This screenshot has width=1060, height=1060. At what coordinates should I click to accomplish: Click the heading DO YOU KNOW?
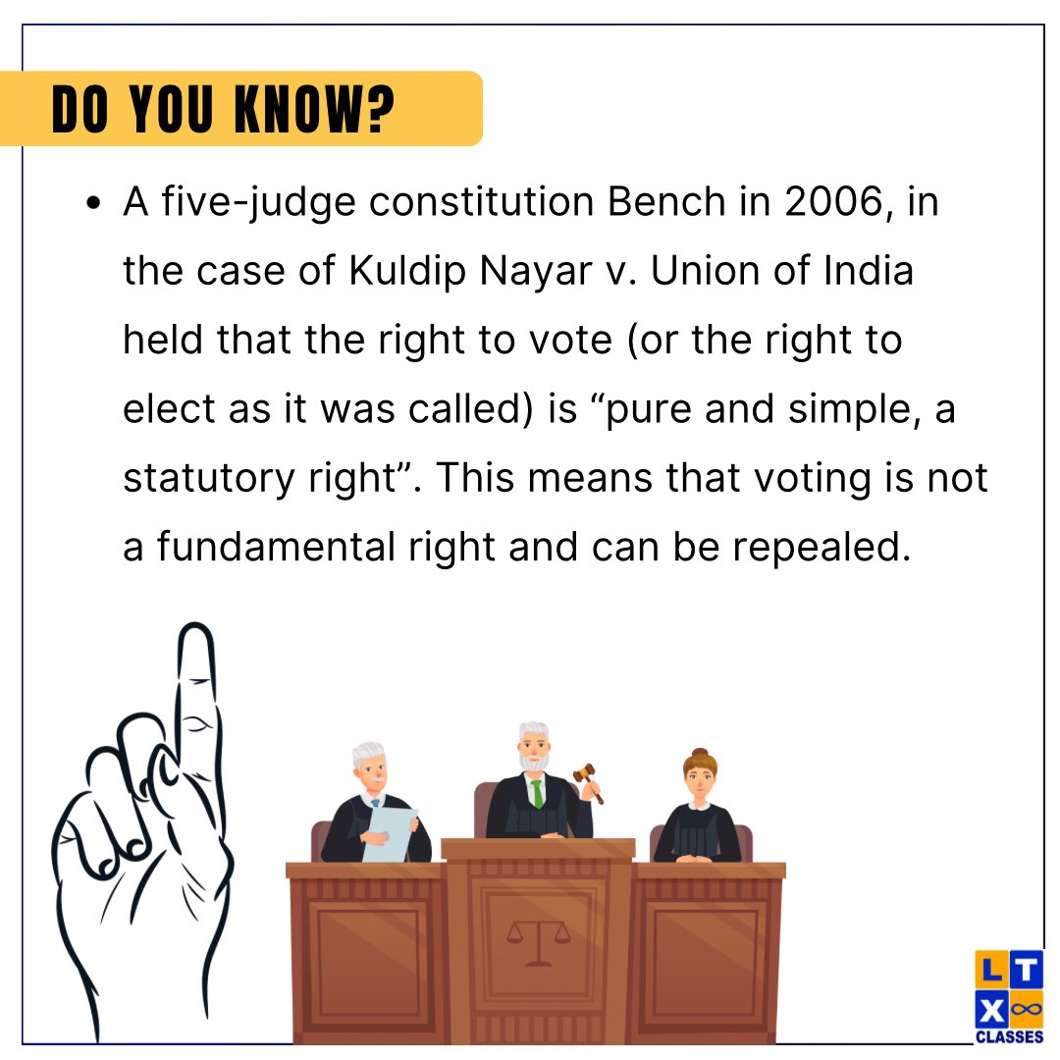click(223, 110)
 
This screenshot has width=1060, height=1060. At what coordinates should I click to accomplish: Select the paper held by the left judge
click(390, 835)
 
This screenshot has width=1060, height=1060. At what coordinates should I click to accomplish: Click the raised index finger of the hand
click(196, 687)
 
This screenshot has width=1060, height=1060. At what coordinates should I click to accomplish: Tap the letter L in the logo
click(991, 970)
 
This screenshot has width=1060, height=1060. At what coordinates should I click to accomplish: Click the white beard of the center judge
click(535, 762)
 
